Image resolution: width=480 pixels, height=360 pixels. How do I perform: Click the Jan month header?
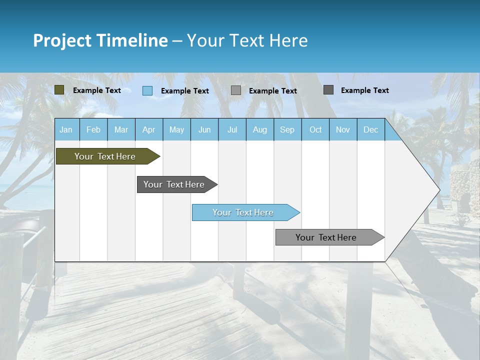coord(66,129)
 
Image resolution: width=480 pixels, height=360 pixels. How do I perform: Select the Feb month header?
coord(93,129)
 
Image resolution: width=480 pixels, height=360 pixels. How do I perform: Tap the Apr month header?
coord(148,129)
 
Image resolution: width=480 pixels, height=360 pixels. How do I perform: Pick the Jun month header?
coord(204,129)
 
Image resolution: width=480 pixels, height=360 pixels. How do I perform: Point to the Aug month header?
coord(259,129)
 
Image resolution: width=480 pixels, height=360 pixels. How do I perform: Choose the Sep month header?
coord(287,129)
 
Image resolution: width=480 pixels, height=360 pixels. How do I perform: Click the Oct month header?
coord(315,129)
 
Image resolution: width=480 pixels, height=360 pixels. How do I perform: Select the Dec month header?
coord(370,129)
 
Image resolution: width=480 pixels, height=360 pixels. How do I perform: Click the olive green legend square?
coord(59,90)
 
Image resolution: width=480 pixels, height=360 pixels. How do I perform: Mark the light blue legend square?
coord(147,90)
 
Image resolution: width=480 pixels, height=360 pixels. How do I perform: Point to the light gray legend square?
coord(236,90)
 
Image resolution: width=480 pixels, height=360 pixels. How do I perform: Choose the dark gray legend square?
coord(328,90)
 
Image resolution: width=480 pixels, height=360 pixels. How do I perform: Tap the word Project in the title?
coord(62,40)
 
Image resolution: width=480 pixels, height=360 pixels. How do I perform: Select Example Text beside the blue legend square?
coord(185,91)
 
